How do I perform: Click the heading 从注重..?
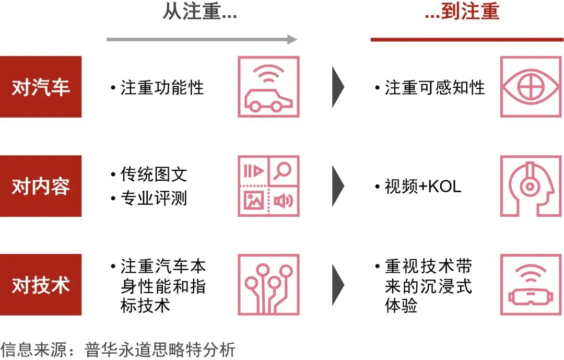point(200,12)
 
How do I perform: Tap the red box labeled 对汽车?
point(41,87)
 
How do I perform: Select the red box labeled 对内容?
point(41,186)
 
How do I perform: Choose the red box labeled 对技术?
point(41,285)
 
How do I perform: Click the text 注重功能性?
point(162,87)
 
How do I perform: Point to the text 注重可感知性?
point(434,87)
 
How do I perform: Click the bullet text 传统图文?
point(153,174)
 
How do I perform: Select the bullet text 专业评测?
point(153,199)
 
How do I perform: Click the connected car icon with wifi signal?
point(268,87)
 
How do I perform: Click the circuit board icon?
point(268,285)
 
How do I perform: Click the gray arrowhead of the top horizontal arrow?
point(292,39)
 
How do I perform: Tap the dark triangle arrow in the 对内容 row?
point(338,186)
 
